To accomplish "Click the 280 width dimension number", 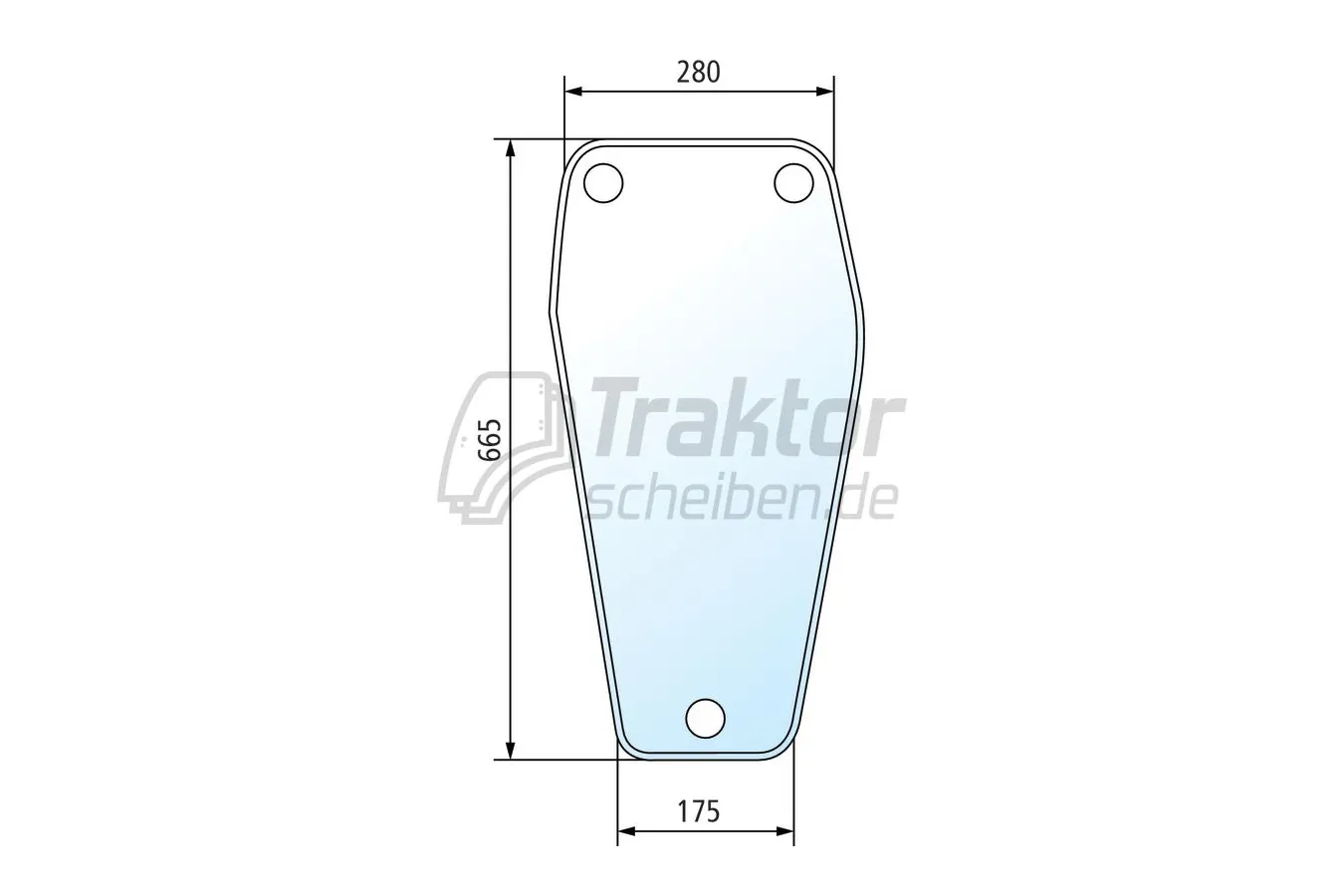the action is (x=698, y=73).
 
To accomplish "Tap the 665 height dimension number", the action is (x=490, y=439).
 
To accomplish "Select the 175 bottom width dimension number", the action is (x=699, y=812).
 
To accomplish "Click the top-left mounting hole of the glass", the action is (x=603, y=182).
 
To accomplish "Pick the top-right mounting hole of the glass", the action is (x=793, y=182).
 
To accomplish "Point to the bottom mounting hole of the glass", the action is (x=705, y=718).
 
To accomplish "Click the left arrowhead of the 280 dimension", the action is (x=573, y=92).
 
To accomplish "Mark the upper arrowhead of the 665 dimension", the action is (x=510, y=148).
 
